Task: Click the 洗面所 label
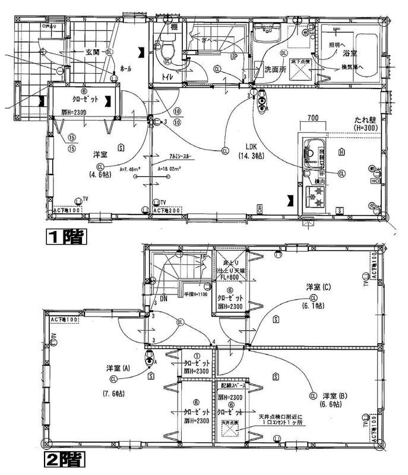(275, 69)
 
